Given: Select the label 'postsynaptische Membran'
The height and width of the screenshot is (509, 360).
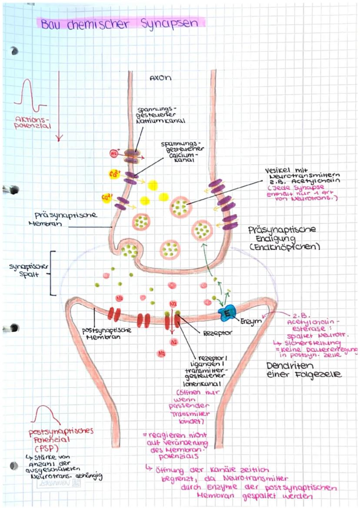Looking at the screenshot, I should coord(107,333).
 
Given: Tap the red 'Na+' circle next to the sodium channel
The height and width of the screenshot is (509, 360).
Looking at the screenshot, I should coord(114,153).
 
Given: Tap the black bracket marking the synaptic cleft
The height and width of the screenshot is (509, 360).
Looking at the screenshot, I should coord(52,273).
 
